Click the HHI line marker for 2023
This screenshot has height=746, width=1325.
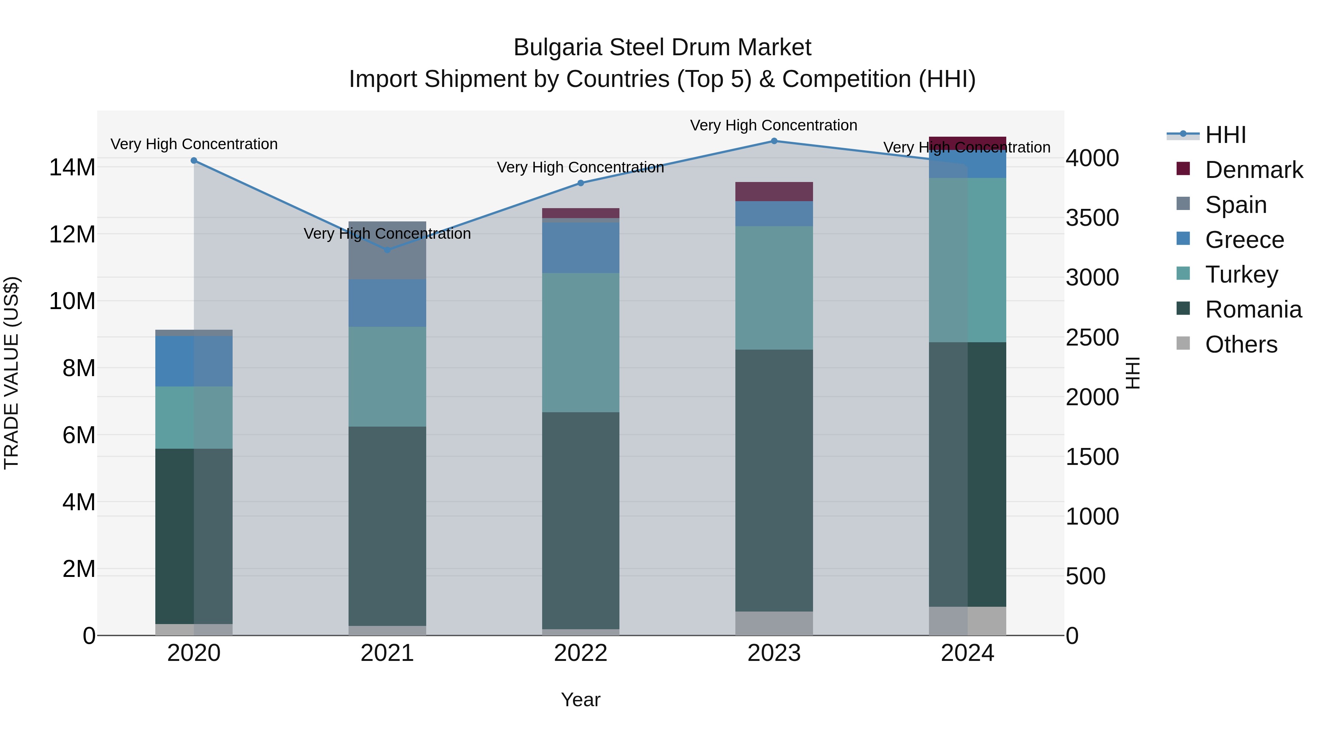pyautogui.click(x=774, y=141)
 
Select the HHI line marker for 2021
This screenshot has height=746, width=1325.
pyautogui.click(x=387, y=250)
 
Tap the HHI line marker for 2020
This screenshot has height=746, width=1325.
pyautogui.click(x=194, y=161)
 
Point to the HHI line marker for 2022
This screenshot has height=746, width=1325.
pyautogui.click(x=581, y=183)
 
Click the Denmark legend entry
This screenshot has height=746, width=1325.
pyautogui.click(x=1254, y=170)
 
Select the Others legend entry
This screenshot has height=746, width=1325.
pyautogui.click(x=1241, y=344)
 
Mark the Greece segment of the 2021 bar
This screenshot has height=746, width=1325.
pyautogui.click(x=387, y=303)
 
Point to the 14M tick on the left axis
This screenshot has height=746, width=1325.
pyautogui.click(x=72, y=168)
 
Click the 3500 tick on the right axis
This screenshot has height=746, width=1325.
pyautogui.click(x=1092, y=218)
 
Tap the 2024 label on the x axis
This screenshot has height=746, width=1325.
pyautogui.click(x=967, y=653)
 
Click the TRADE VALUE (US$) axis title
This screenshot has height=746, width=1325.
pyautogui.click(x=11, y=373)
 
